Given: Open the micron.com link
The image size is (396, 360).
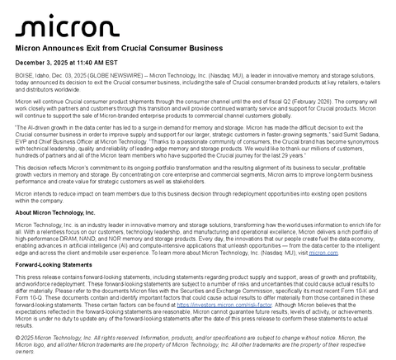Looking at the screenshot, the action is [324, 253].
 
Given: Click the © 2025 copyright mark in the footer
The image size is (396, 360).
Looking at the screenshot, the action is [26, 337].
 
